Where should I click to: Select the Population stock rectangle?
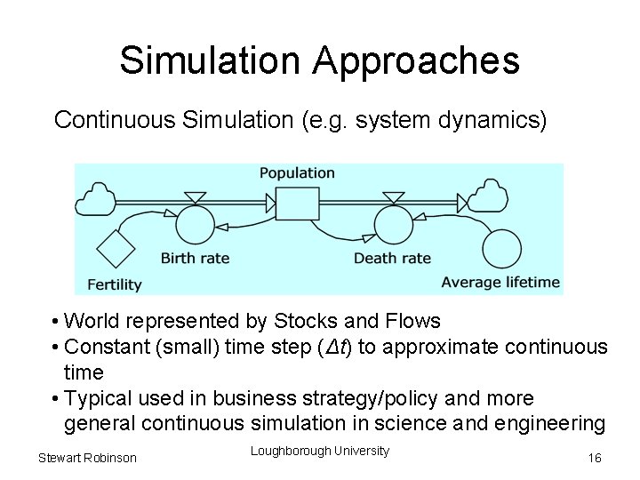297,204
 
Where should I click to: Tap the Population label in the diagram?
297,173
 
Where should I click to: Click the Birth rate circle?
196,224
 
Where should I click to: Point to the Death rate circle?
393,224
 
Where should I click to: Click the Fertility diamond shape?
115,248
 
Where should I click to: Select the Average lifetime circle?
501,248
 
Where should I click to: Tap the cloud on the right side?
487,196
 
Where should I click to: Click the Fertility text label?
115,284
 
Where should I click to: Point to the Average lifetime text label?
500,283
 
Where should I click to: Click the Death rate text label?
392,259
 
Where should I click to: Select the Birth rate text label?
195,259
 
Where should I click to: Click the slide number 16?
595,457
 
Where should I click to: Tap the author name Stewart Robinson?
87,457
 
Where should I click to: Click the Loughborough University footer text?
320,451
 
